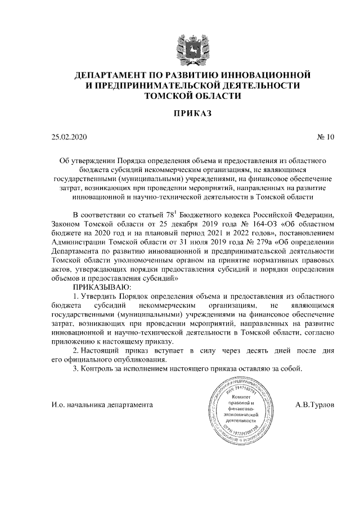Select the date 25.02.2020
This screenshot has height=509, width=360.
[69, 137]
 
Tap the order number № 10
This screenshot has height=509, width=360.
[326, 137]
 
